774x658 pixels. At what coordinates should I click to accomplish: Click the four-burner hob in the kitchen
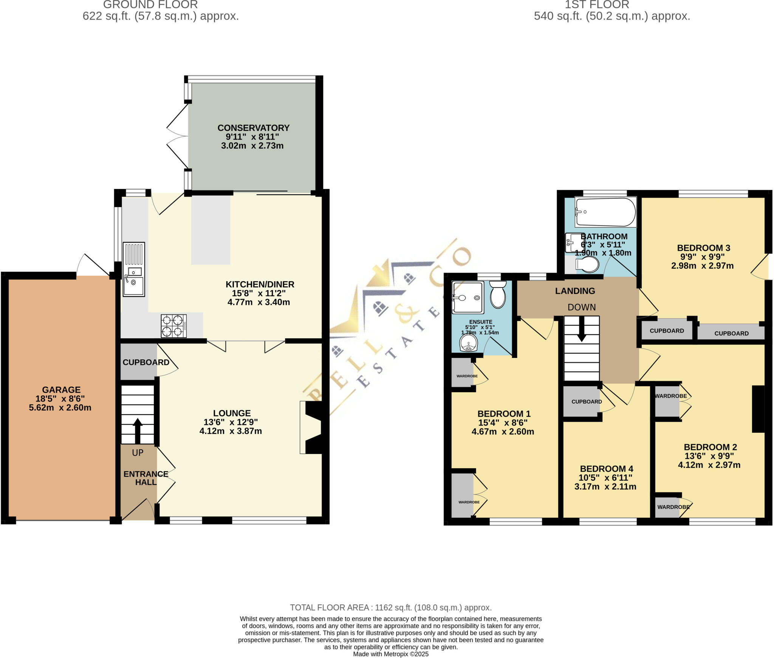[174, 326]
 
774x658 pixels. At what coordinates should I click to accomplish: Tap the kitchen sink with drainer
[134, 269]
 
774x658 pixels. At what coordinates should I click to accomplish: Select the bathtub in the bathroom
[605, 212]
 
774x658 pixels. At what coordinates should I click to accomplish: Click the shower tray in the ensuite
[468, 297]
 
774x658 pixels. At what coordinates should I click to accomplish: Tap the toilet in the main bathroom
[587, 264]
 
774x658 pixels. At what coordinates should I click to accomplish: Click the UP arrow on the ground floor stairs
[138, 430]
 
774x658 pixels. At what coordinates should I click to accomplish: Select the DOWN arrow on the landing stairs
[582, 329]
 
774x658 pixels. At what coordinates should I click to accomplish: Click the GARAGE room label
[61, 390]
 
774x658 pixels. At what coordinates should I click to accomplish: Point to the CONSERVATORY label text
[253, 128]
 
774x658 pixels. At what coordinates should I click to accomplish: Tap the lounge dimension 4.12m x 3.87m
[231, 431]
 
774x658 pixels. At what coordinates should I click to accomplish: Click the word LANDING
[575, 291]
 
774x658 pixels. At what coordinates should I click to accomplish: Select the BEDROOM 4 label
[607, 469]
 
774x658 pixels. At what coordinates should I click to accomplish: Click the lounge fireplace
[312, 427]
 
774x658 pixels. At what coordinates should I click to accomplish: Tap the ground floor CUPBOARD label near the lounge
[146, 362]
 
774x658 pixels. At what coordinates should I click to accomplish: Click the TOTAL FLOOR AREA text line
[391, 608]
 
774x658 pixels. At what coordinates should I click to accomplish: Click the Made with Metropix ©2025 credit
[391, 654]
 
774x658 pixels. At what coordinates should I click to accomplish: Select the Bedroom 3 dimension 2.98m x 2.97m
[702, 266]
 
